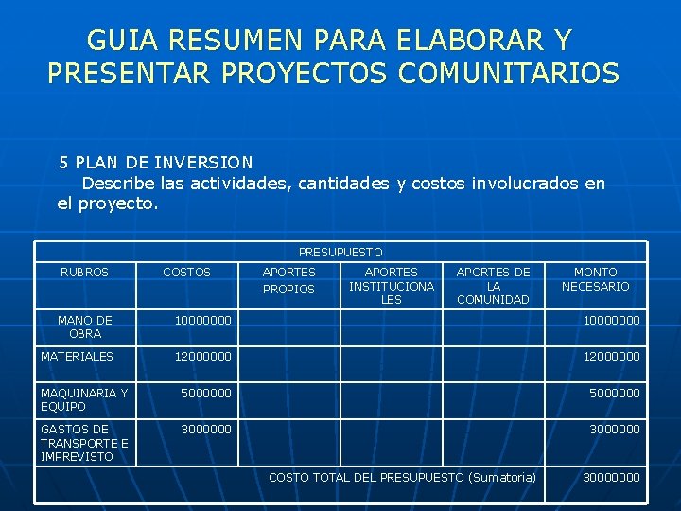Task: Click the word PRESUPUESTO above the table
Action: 340,253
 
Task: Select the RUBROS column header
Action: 84,273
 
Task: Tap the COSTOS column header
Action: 186,273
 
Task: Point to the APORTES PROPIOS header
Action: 288,280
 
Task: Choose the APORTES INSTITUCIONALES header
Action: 391,286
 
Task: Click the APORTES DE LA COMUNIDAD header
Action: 493,286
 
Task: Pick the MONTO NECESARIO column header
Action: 595,279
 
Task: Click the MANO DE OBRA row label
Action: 84,327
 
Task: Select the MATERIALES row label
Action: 77,357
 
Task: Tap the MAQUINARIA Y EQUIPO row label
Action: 84,399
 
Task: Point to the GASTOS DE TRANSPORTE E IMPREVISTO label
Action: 84,443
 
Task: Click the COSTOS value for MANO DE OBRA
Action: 202,321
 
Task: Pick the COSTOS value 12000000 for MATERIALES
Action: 202,357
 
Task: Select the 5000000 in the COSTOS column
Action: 206,393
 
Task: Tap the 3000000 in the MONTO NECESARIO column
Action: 615,430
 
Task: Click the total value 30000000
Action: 611,478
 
